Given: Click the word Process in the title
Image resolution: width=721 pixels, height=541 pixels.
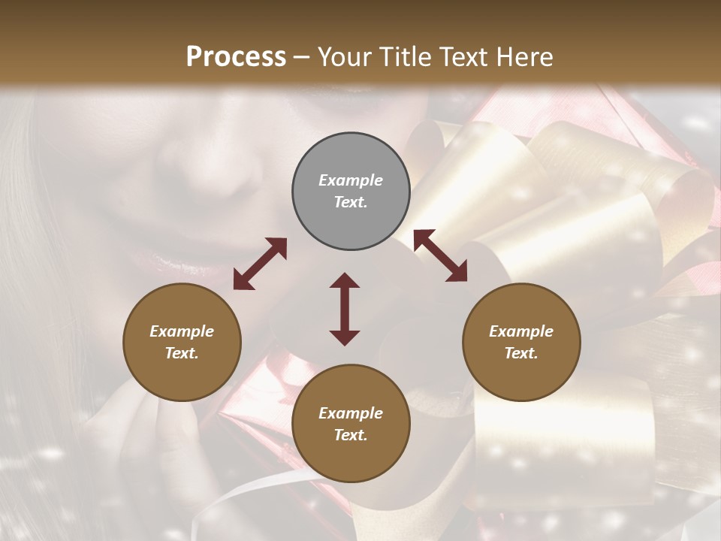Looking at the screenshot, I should point(236,57).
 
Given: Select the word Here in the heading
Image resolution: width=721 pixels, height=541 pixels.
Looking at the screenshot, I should point(525,57).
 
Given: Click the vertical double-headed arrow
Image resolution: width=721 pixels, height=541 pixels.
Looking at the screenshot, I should point(345,309).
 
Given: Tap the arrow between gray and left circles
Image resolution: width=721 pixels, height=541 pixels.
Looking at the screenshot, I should point(260,264).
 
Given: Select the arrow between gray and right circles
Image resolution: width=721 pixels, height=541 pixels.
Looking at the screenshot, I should point(440,256).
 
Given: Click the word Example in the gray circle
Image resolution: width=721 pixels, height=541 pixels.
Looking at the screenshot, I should point(351,180).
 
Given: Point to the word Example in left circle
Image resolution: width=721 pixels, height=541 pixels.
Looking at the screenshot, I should point(182,331).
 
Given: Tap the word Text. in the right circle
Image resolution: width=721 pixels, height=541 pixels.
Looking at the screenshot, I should point(521,353).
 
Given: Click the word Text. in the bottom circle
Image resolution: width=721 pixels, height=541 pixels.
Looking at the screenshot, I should point(351,435).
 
